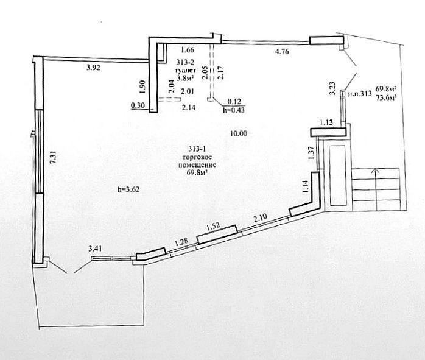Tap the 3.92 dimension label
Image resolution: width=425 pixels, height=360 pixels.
coord(93,67)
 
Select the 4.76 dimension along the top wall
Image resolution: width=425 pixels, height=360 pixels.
coord(282,51)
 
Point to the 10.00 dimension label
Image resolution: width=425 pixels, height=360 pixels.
coord(239,133)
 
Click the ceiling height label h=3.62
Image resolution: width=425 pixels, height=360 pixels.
coord(128,189)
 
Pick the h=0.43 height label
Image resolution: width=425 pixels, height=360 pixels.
coord(233,110)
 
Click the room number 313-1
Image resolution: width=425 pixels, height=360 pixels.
coord(197,149)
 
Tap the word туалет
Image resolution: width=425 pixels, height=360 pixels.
coord(185,71)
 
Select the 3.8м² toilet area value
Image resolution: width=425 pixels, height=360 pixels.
coord(185,79)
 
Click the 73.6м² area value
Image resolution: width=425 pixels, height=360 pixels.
coord(385,98)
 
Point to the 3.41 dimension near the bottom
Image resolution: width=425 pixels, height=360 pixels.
coord(95,249)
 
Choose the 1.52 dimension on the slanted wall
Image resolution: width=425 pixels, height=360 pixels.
coord(213,227)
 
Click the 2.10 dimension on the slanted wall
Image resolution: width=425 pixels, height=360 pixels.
coord(260,217)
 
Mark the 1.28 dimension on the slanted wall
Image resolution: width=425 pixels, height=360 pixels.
coord(181,242)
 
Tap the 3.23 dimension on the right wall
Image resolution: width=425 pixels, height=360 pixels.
coord(332,89)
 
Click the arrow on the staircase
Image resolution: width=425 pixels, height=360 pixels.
coord(376,189)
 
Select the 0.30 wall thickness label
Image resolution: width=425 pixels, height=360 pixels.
coord(138,105)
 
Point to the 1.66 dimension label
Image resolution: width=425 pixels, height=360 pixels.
coord(188,49)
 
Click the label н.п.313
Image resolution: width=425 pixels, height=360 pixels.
coord(360,94)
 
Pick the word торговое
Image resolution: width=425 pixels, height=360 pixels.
coord(197,158)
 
